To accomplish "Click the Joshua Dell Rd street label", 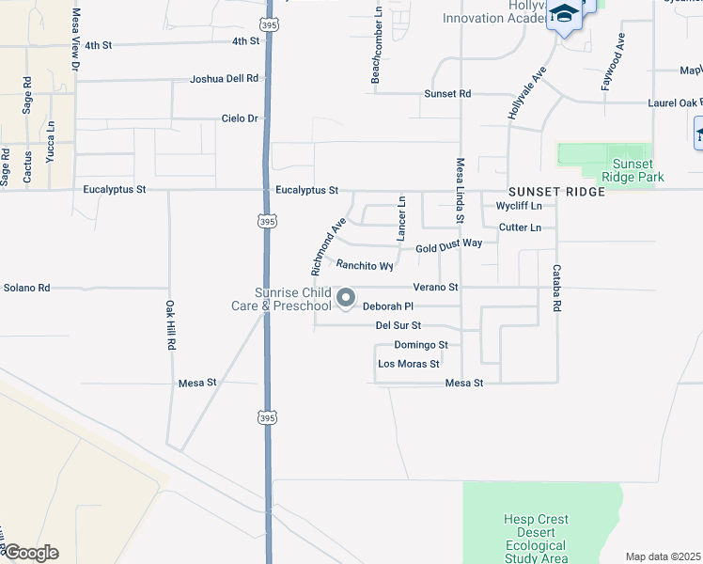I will tap(224, 79).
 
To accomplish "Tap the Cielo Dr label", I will tap(239, 118).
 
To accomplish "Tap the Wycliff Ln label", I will tap(519, 206).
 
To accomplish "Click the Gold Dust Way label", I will tap(449, 244).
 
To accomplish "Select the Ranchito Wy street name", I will tap(364, 266).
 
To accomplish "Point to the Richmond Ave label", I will tap(329, 241).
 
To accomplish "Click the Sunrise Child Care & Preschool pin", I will tap(346, 299).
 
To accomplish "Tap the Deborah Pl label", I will tap(388, 306).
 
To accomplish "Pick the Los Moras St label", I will tap(409, 364).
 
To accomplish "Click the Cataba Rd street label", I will tap(556, 289).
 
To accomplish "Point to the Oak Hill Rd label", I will tap(171, 325).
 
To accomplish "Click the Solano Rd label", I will tap(26, 287).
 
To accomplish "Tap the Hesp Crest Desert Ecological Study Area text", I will tap(536, 539).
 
